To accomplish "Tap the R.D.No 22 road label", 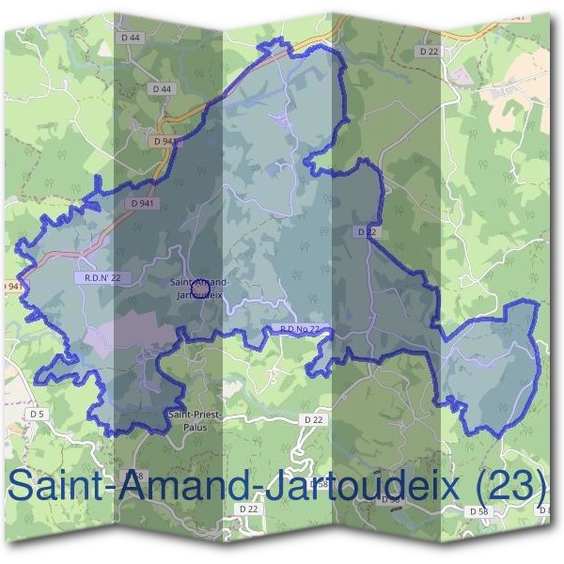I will coord(301,329).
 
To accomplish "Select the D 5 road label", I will coord(37,414).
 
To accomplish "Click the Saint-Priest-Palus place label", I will coord(188,419).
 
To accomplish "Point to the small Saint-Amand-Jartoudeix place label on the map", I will coord(198,288).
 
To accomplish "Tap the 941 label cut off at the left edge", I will coord(11,286).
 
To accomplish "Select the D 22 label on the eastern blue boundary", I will coord(367,230).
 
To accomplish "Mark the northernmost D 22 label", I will coord(430,51).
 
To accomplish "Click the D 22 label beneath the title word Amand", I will coord(248,508).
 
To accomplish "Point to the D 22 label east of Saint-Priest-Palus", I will coord(314,419).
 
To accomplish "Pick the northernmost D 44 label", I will coord(132,38).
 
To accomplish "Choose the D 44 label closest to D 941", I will coord(161,88).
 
